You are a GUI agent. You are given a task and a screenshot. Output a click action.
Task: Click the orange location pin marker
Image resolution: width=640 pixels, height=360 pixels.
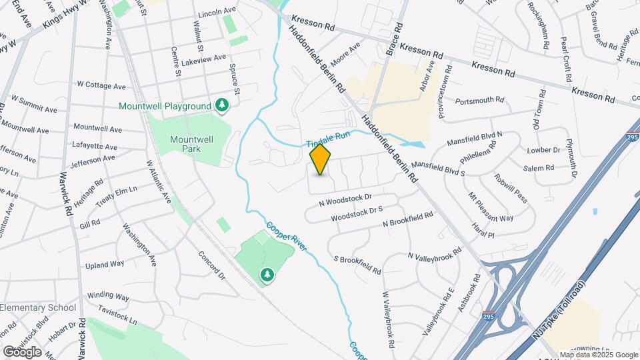321,159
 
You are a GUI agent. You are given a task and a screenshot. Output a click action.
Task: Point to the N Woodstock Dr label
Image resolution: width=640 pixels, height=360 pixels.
345,199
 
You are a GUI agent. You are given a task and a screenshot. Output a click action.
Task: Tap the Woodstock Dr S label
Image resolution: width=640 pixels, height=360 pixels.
357,214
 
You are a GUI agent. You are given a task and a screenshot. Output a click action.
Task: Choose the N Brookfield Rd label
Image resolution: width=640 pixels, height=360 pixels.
408,219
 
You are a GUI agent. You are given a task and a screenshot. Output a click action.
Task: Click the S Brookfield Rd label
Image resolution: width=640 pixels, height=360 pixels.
357,265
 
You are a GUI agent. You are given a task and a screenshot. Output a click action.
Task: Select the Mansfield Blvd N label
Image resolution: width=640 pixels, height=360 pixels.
474,140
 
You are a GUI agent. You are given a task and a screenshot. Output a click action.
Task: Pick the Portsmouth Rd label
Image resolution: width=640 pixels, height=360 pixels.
481,100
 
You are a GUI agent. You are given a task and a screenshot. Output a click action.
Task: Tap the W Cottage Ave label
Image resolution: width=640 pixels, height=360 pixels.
101,85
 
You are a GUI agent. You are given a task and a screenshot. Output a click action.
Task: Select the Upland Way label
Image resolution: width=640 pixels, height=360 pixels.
105,264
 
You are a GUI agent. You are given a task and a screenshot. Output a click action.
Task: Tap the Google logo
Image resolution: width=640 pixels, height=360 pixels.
21,351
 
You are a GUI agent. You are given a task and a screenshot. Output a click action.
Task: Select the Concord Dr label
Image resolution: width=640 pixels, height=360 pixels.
213,265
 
